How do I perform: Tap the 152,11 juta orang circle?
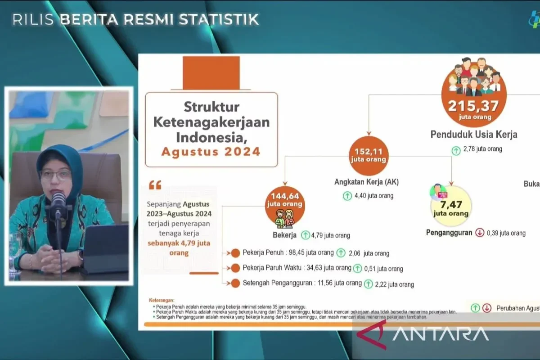(x=369, y=155)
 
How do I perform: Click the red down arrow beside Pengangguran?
(x=479, y=233)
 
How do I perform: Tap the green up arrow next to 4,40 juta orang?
(x=347, y=196)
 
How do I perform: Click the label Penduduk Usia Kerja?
(x=474, y=135)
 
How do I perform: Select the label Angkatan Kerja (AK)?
(x=366, y=182)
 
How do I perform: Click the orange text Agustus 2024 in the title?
(x=211, y=151)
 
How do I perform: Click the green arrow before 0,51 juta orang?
(x=358, y=269)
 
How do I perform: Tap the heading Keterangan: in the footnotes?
(x=161, y=300)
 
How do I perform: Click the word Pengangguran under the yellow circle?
(x=449, y=233)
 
